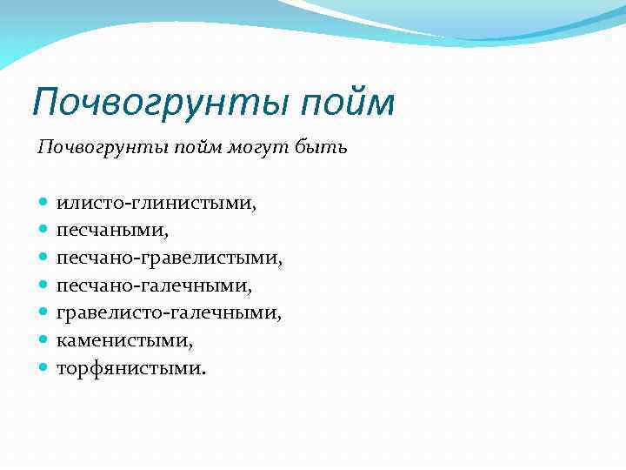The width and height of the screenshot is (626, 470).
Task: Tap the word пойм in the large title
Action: [x=349, y=102]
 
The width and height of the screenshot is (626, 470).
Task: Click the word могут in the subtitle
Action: [x=253, y=148]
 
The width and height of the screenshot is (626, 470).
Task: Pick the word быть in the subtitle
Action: [x=320, y=148]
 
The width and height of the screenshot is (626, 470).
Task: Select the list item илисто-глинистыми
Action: [x=156, y=204]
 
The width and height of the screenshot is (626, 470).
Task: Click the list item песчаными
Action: [x=112, y=231]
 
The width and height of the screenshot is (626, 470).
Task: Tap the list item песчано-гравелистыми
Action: [x=170, y=258]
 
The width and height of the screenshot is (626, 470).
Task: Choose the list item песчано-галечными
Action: [x=154, y=285]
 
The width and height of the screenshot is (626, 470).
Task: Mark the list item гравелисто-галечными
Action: [x=169, y=312]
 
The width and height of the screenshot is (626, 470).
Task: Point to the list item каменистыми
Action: [x=124, y=339]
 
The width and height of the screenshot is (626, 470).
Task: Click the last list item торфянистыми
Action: [x=132, y=367]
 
